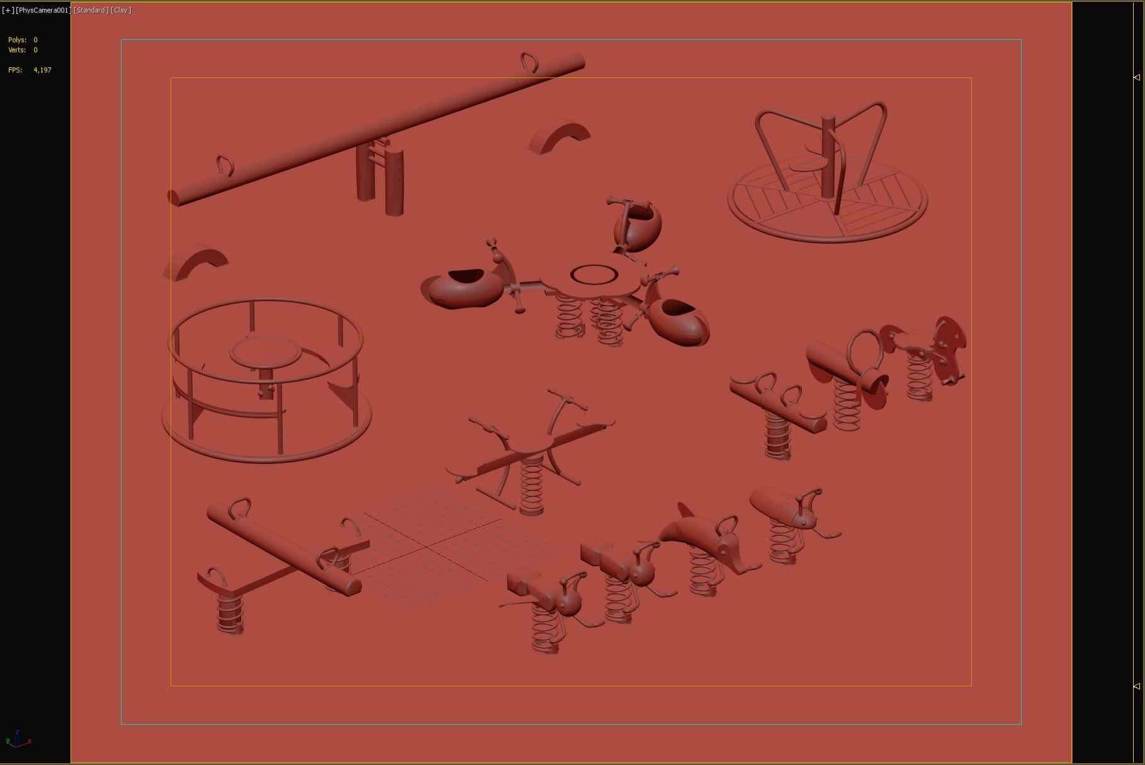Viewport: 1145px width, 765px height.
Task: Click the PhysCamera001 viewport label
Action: pyautogui.click(x=42, y=10)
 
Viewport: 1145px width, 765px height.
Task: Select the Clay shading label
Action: pyautogui.click(x=121, y=10)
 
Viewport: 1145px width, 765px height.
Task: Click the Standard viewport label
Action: pyautogui.click(x=91, y=10)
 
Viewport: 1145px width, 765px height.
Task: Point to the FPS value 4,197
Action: pyautogui.click(x=42, y=70)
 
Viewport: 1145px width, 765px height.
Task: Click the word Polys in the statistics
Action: pyautogui.click(x=17, y=40)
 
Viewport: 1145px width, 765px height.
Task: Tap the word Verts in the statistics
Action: pyautogui.click(x=17, y=50)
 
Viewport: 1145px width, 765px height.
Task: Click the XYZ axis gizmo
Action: pyautogui.click(x=18, y=739)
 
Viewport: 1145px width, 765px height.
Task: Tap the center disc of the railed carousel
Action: pyautogui.click(x=266, y=351)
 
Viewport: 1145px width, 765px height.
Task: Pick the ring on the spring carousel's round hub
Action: pyautogui.click(x=594, y=275)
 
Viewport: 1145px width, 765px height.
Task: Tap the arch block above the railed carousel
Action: pyautogui.click(x=197, y=263)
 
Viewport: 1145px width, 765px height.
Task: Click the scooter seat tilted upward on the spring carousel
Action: pyautogui.click(x=637, y=226)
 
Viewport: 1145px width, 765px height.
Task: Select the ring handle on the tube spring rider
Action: pyautogui.click(x=863, y=353)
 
